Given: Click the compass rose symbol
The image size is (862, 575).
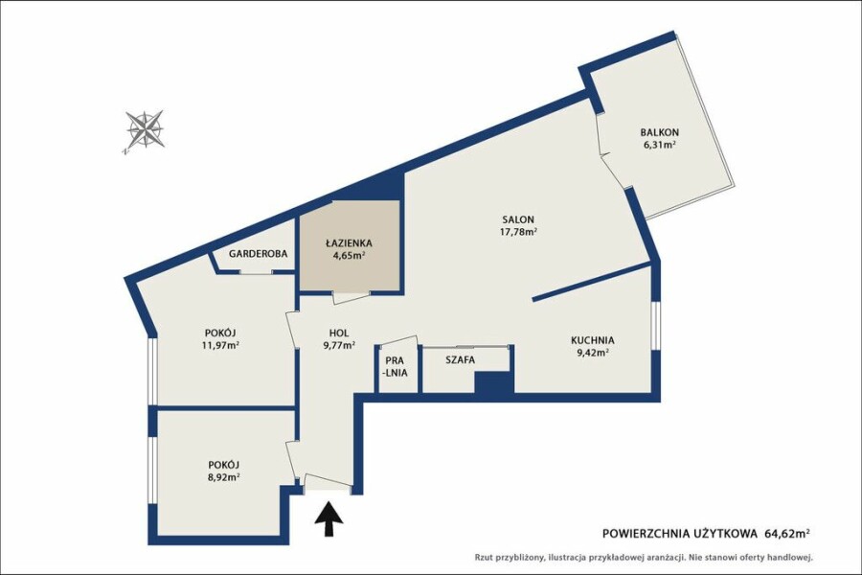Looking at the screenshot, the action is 145,130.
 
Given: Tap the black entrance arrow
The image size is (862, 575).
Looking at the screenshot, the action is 329,518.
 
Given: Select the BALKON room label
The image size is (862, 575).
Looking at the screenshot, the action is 659,132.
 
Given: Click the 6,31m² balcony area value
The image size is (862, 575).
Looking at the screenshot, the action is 659,146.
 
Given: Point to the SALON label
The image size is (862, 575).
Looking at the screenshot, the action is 517,219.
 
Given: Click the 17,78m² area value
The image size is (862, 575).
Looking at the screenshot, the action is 517,232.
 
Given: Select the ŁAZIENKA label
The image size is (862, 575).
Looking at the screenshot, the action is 349,242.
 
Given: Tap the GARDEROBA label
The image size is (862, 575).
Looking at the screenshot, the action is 258,254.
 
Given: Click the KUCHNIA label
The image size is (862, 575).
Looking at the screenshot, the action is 592,340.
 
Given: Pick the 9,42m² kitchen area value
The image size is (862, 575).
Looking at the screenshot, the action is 592,354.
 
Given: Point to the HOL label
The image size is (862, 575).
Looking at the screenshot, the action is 339,333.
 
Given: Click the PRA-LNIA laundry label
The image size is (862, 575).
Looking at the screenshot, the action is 397,366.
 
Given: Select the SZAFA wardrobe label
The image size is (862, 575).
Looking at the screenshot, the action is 460,360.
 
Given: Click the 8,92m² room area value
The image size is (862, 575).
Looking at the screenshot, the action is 223,477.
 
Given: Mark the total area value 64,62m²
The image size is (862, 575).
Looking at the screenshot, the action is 787,533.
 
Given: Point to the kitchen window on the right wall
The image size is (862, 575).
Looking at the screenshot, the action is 655,325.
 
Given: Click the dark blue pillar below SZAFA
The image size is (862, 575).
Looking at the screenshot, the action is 493,382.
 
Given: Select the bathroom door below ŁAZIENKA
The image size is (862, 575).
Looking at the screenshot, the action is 351,297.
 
